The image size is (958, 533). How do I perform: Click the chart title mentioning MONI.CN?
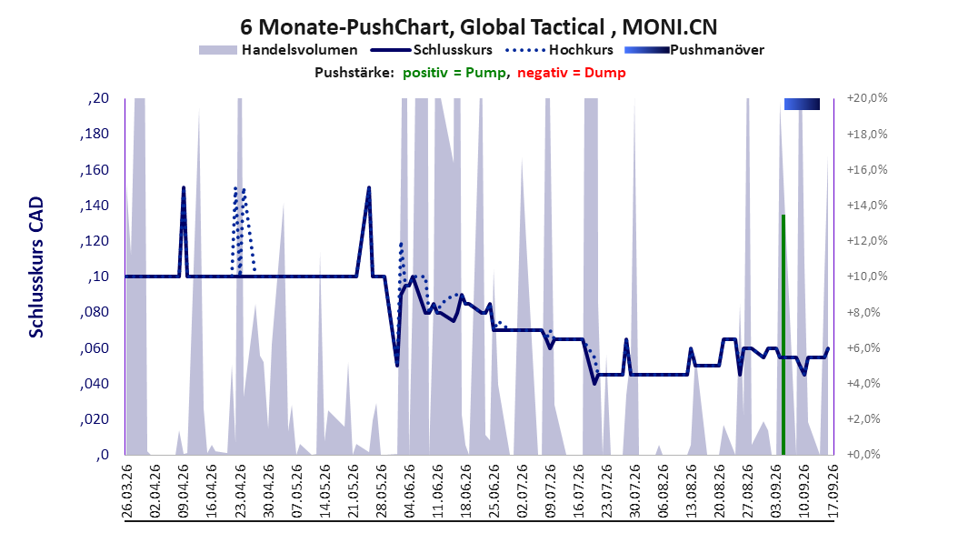point(478,27)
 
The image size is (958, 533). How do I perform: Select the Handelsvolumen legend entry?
point(278,50)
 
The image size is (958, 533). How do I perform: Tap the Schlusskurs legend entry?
point(432,50)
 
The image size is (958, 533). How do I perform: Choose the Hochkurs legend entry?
point(559,50)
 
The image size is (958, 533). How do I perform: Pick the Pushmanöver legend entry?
point(694,50)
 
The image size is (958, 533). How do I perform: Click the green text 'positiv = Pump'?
point(454,73)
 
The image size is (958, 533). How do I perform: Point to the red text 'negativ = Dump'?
point(572,73)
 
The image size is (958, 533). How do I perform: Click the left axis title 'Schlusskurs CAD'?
point(36,267)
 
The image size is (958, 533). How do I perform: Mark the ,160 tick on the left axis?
point(95,170)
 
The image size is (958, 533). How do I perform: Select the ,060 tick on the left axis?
point(95,348)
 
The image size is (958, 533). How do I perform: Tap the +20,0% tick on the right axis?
point(867,98)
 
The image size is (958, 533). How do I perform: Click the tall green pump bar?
point(783,335)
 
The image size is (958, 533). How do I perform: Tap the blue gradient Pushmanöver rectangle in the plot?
point(802,105)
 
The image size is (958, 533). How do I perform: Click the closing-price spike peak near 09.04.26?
point(184,187)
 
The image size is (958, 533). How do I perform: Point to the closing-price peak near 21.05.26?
point(368,187)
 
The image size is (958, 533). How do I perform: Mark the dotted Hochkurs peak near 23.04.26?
point(235,188)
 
